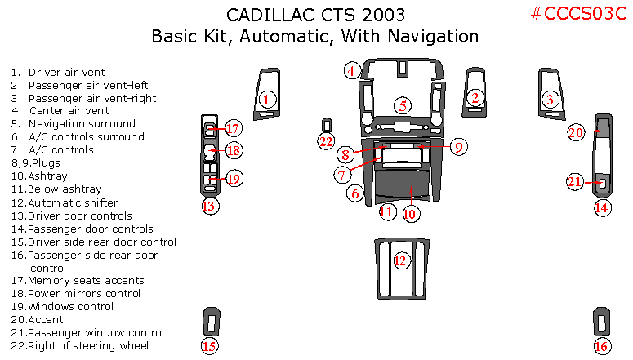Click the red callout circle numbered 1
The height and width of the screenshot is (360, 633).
pos(265,100)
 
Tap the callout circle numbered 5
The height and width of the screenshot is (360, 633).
pos(403,104)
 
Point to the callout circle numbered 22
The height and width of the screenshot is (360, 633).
pos(327,141)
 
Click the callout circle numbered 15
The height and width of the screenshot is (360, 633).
pos(209,346)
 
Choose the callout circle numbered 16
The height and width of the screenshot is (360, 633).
pos(601,346)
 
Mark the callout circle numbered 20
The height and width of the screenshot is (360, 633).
pos(576,131)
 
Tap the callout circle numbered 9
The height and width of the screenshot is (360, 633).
pos(458,147)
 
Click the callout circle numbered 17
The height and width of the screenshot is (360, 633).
pos(233,128)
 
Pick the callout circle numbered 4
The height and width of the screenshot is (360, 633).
pos(351,71)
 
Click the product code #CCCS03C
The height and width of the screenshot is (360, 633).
pos(577,14)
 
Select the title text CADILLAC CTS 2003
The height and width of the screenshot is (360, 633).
pos(314,15)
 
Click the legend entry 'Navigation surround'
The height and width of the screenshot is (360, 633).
pos(81,124)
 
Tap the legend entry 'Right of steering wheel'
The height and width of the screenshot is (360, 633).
pos(79,346)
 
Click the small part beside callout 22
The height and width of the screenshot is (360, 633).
pos(327,124)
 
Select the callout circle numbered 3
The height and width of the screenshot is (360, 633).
pos(550,100)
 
